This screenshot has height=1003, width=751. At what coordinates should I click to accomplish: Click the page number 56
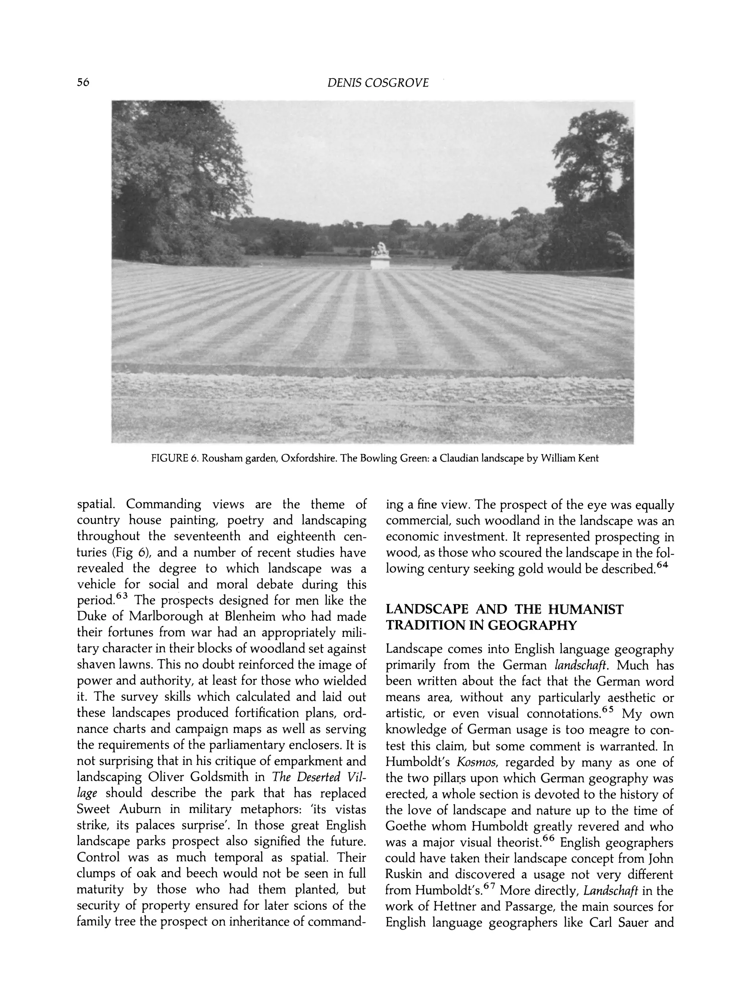tap(83, 83)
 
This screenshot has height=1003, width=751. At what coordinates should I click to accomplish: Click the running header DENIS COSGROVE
tap(378, 83)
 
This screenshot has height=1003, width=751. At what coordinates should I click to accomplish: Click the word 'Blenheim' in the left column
tap(250, 617)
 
